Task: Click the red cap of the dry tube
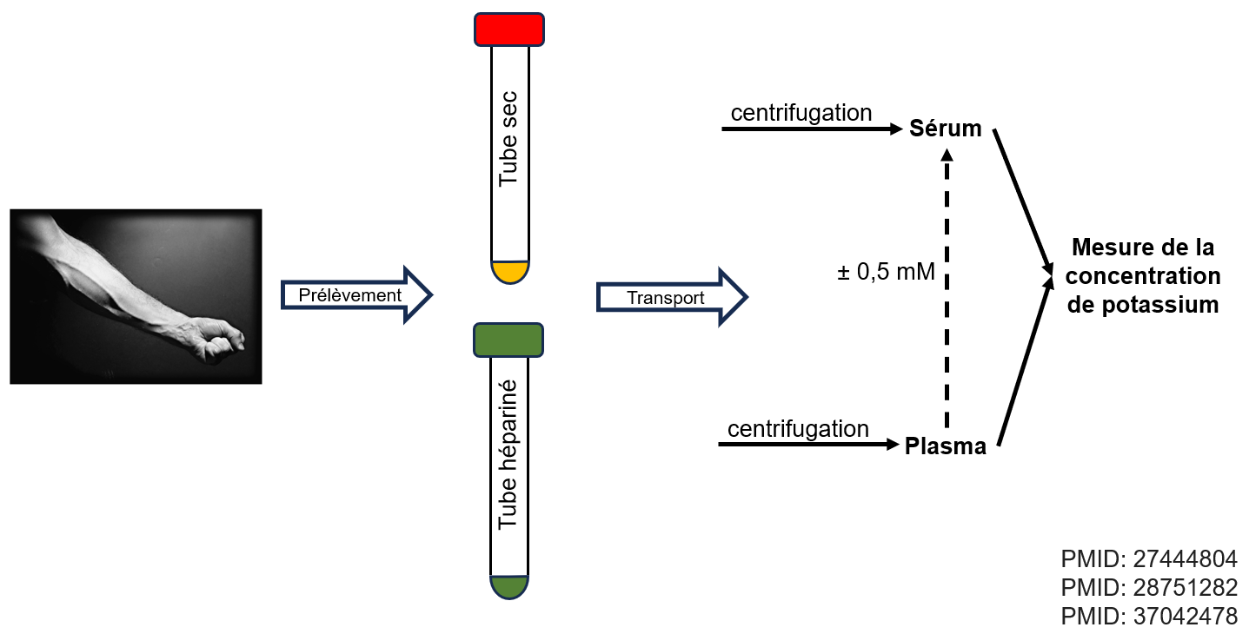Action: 509,29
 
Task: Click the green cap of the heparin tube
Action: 509,340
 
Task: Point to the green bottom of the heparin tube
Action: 509,586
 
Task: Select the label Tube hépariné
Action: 509,455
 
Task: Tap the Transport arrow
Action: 669,297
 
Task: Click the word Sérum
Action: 946,129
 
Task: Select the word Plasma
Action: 946,447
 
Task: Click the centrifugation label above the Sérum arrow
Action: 801,113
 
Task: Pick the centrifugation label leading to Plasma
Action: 798,429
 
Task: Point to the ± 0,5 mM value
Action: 886,272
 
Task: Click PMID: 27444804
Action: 1149,558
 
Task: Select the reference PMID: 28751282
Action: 1149,588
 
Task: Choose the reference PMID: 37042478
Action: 1149,617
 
